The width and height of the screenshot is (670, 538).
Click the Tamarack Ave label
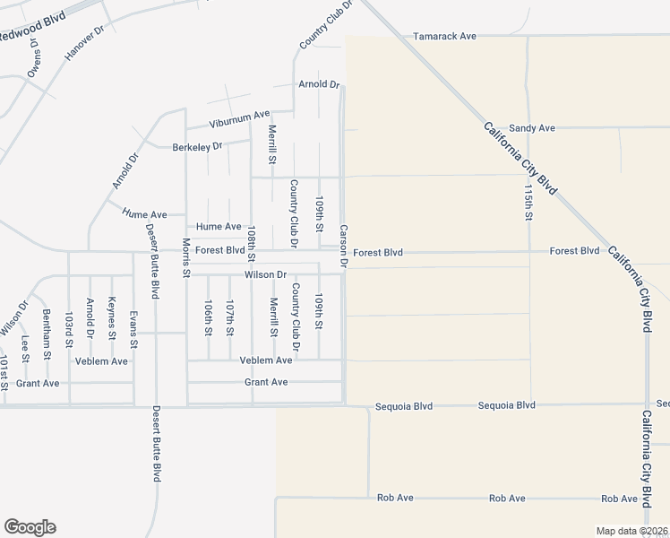coord(443,37)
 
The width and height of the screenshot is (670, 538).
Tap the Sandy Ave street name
coord(532,128)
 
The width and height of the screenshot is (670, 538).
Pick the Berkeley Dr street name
coord(197,146)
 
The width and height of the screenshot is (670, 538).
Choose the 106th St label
coord(208,317)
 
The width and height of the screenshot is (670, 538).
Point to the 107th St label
coord(230,317)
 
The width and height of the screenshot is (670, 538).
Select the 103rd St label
coord(68,330)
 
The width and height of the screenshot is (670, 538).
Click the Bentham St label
coord(47,334)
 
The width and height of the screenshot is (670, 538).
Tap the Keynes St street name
coord(112,318)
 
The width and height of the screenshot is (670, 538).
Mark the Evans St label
coord(133,329)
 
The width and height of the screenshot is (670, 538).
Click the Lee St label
coord(25,349)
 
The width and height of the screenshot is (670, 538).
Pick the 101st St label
coord(4,372)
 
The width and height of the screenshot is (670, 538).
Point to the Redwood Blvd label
coord(27,30)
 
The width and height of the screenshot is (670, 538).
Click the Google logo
coord(30,527)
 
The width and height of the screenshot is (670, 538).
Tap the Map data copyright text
coord(631,532)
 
